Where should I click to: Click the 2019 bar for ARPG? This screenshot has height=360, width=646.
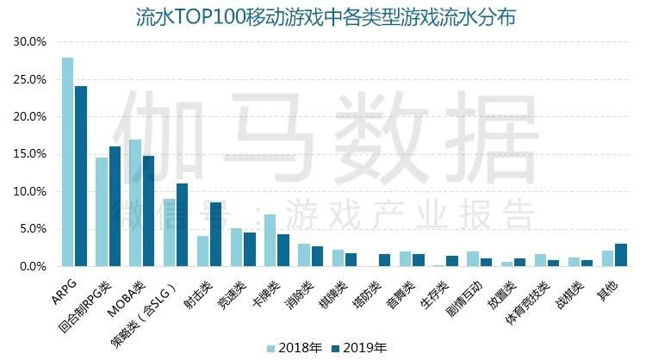(81, 177)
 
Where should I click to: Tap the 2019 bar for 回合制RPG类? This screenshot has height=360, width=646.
(115, 207)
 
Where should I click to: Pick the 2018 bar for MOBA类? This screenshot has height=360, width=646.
(135, 203)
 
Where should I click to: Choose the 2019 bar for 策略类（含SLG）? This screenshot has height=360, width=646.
(182, 225)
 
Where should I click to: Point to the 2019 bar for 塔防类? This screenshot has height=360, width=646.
(384, 260)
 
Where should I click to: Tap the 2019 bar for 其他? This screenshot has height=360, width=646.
(621, 255)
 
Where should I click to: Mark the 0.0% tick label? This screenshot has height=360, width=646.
(32, 267)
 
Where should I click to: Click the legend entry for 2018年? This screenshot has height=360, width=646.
(296, 348)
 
